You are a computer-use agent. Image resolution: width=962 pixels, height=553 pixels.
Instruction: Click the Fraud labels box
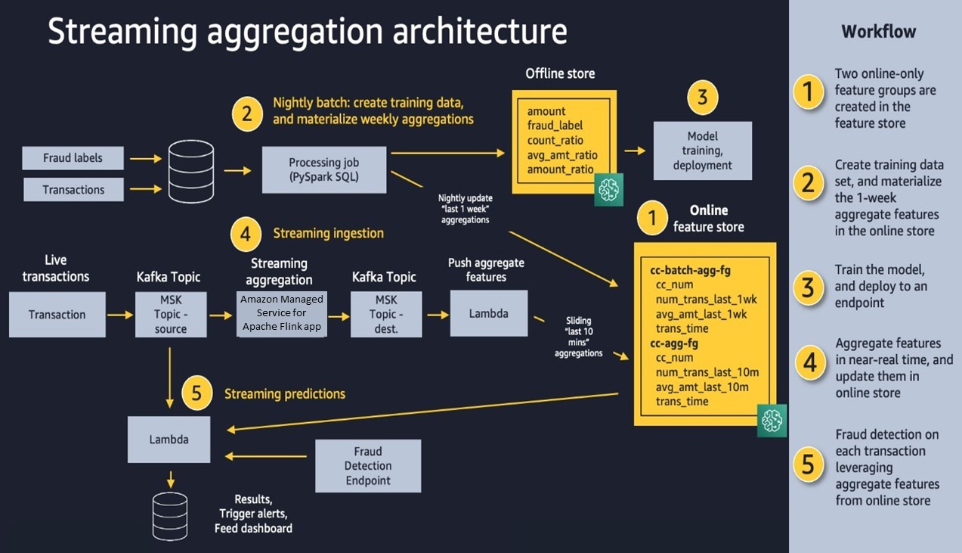pyautogui.click(x=73, y=158)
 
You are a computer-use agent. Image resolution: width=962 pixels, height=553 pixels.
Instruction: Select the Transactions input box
pyautogui.click(x=73, y=189)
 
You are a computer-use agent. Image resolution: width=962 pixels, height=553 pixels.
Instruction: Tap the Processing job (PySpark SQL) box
pyautogui.click(x=324, y=170)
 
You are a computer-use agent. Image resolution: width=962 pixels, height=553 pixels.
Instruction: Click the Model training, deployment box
pyautogui.click(x=703, y=151)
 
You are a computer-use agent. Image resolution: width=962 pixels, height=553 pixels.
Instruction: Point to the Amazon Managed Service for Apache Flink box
pyautogui.click(x=282, y=313)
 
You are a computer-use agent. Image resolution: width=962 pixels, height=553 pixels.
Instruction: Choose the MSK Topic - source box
pyautogui.click(x=170, y=315)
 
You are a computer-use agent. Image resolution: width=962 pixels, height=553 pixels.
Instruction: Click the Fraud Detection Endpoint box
pyautogui.click(x=368, y=466)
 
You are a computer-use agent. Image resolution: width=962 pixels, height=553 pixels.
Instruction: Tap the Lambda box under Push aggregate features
pyautogui.click(x=488, y=313)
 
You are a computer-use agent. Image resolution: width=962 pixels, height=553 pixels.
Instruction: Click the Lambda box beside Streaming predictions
pyautogui.click(x=169, y=439)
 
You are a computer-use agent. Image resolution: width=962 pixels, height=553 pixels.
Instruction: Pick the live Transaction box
pyautogui.click(x=57, y=315)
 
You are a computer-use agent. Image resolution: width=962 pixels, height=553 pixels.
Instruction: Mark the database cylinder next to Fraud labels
pyautogui.click(x=190, y=172)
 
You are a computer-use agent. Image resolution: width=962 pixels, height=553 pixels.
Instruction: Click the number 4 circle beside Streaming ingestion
pyautogui.click(x=246, y=235)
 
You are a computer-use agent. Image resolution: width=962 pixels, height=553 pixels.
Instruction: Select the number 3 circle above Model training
pyautogui.click(x=702, y=98)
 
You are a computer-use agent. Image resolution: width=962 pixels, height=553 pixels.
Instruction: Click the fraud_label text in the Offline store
pyautogui.click(x=555, y=126)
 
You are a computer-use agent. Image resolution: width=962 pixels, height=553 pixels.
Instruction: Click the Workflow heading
pyautogui.click(x=878, y=32)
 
